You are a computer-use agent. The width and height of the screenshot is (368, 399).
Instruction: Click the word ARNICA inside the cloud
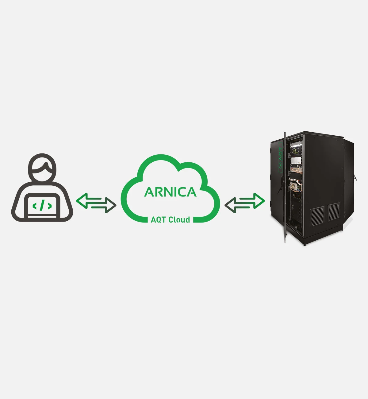pyautogui.click(x=170, y=192)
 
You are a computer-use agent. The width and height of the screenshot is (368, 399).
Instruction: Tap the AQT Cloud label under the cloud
pyautogui.click(x=170, y=219)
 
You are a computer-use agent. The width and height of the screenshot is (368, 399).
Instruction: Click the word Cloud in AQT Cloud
pyautogui.click(x=179, y=219)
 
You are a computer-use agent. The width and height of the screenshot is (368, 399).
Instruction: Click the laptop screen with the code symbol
pyautogui.click(x=42, y=206)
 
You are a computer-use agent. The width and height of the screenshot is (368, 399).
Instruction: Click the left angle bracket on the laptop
pyautogui.click(x=35, y=206)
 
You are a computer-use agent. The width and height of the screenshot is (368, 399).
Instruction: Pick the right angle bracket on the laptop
pyautogui.click(x=50, y=206)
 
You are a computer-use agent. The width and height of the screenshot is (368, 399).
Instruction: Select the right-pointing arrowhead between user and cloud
pyautogui.click(x=110, y=205)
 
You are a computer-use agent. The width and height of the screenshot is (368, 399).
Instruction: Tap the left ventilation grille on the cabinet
pyautogui.click(x=317, y=216)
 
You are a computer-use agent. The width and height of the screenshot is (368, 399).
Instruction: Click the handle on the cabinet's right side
pyautogui.click(x=355, y=178)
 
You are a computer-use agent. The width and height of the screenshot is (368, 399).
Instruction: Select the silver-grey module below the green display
pyautogui.click(x=296, y=161)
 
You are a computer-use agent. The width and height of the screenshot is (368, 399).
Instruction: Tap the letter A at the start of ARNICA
pyautogui.click(x=149, y=192)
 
